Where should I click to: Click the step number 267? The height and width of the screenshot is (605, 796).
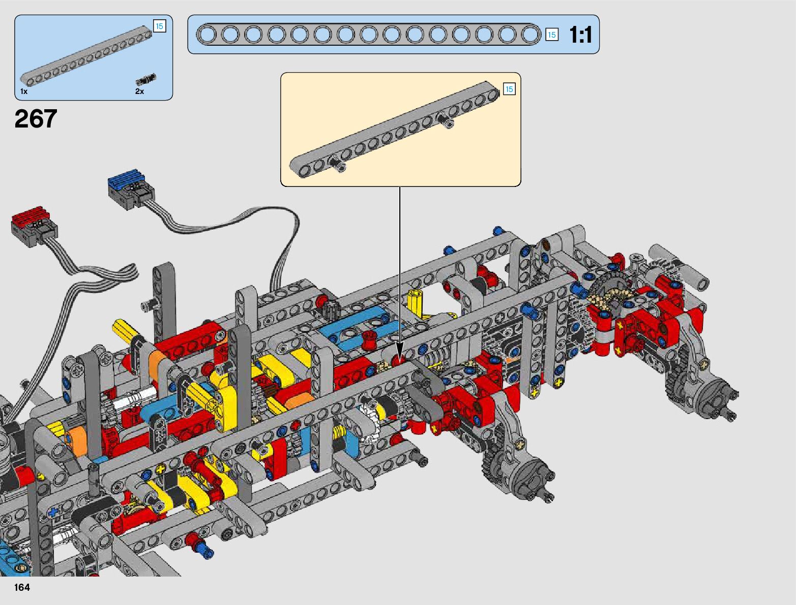[x=36, y=118]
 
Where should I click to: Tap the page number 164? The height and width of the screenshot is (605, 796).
[x=22, y=587]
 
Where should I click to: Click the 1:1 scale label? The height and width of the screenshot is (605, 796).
[x=580, y=35]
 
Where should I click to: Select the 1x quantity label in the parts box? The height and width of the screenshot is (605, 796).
[x=24, y=91]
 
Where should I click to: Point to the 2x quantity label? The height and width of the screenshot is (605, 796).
[x=139, y=91]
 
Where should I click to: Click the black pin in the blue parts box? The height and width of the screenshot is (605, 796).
[x=146, y=79]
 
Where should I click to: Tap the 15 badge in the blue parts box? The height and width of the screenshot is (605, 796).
[x=160, y=26]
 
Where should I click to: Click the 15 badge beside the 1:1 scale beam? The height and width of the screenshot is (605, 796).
[x=551, y=35]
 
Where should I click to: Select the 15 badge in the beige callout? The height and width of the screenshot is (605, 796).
[x=509, y=89]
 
